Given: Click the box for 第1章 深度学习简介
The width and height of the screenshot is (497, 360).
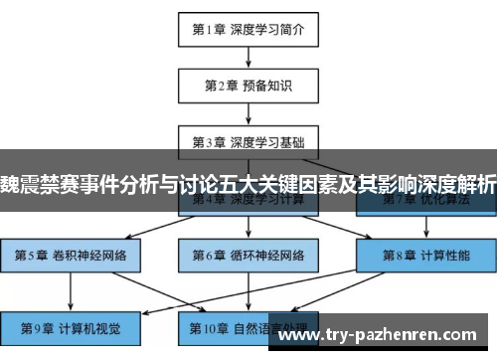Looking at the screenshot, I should (248, 29).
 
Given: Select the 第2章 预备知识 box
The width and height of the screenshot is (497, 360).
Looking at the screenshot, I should (248, 86).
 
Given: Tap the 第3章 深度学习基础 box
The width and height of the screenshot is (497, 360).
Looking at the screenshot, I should (248, 141).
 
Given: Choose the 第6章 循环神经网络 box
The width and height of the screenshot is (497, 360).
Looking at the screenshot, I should (248, 255).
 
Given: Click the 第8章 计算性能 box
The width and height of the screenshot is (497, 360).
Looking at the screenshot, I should (424, 255).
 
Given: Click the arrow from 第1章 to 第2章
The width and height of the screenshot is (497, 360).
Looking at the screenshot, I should (248, 58).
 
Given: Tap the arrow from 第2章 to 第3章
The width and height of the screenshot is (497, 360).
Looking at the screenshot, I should (248, 113).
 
